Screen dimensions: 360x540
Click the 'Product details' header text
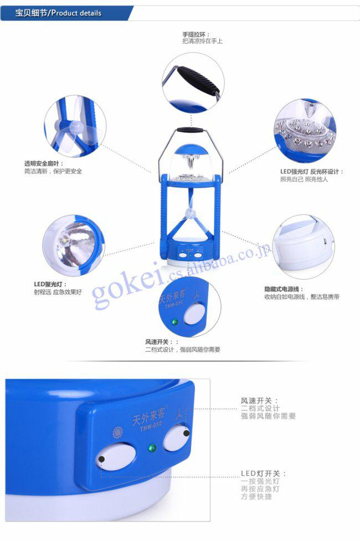76,13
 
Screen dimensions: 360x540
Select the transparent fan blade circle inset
75,126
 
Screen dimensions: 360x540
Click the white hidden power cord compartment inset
304,247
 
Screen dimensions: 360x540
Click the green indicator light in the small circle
175,322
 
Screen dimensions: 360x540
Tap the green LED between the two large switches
152,449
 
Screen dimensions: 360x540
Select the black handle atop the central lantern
190,130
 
